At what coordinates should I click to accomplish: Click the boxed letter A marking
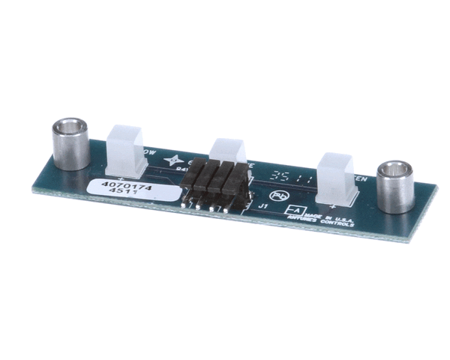click(295, 211)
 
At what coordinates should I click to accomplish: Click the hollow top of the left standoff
click(69, 126)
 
